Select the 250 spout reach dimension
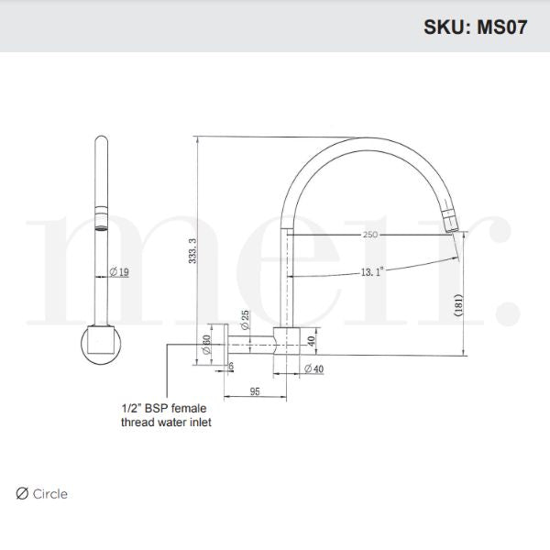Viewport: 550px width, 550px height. pos(370,235)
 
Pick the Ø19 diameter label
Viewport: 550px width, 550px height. pos(119,271)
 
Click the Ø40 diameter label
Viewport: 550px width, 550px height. pos(313,368)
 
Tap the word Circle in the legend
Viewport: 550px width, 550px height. pos(50,494)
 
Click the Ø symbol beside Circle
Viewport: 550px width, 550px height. pos(22,494)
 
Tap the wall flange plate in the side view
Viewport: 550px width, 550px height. pos(218,345)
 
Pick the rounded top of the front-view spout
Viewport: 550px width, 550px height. pos(100,142)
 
